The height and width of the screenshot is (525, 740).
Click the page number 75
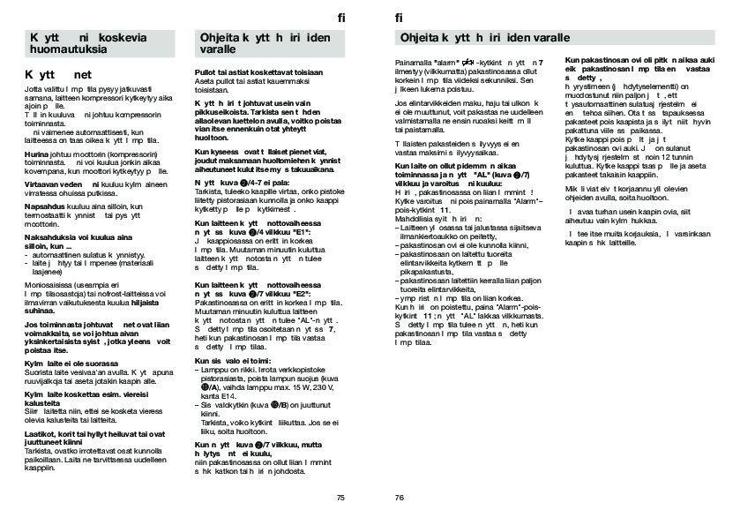click(x=340, y=498)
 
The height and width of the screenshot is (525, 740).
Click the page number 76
click(x=399, y=498)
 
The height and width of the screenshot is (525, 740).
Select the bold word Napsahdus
click(x=41, y=204)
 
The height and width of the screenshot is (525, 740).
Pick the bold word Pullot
click(x=206, y=71)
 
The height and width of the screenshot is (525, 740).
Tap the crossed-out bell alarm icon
click(x=468, y=61)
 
